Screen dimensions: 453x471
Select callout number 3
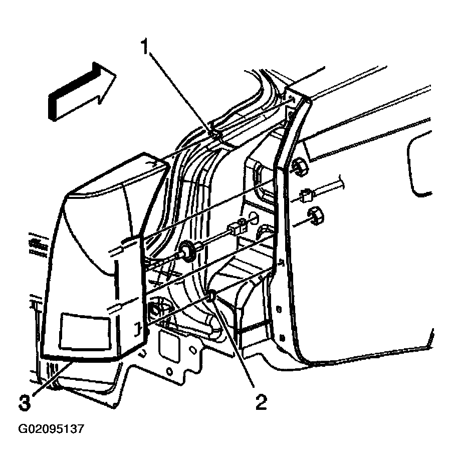25,403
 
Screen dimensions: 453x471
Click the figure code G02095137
51,429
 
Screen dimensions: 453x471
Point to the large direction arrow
82,92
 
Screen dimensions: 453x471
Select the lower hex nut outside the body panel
314,215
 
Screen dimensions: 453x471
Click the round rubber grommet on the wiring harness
188,250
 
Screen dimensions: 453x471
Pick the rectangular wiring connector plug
238,226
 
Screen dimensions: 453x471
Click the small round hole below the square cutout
170,372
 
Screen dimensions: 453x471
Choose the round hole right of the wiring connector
253,219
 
